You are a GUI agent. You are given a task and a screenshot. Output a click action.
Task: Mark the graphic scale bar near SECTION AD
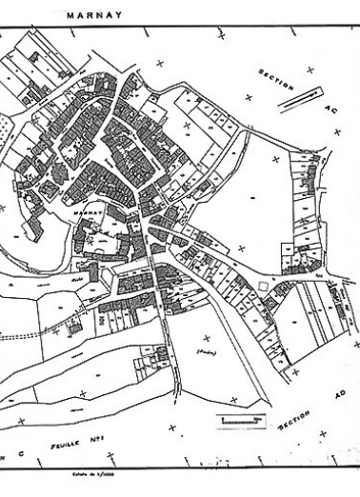pos(239,417)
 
